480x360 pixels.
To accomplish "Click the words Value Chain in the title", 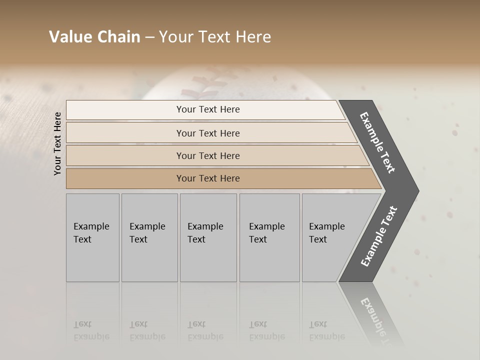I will click(94, 37).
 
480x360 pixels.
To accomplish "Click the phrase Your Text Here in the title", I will click(215, 37).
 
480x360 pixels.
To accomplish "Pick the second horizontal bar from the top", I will click(208, 133).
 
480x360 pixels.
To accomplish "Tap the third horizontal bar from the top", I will click(208, 155).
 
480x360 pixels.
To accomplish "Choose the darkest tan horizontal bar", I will click(208, 178).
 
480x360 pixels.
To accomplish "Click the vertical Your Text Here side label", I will click(57, 143).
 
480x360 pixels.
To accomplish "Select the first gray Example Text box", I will click(92, 237).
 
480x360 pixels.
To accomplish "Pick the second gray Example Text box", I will click(149, 237).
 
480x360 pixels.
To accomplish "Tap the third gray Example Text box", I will click(208, 237).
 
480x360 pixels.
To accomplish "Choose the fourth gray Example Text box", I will click(269, 237).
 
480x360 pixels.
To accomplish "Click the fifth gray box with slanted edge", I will click(330, 237).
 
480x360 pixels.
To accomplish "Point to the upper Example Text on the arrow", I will click(377, 142).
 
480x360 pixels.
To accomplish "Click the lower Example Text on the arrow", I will click(379, 236).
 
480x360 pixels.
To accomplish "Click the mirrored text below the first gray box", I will click(91, 330).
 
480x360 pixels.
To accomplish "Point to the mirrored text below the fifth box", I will click(326, 330).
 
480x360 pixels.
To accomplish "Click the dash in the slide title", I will click(149, 37).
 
